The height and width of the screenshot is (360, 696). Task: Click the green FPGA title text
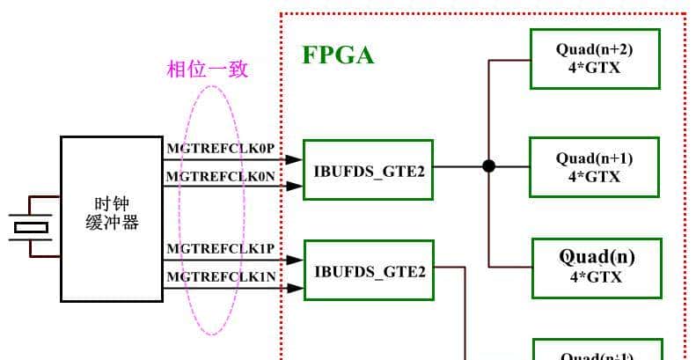coord(339,55)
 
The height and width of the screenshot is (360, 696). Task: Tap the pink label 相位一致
coord(208,70)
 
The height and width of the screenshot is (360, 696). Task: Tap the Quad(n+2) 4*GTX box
coord(594,58)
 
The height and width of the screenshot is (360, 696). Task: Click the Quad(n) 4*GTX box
coord(596,267)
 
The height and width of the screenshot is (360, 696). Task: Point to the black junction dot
coord(489,165)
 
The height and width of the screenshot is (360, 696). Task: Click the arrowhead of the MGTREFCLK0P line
coord(296,159)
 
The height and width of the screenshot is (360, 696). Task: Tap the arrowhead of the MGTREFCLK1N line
coord(296,288)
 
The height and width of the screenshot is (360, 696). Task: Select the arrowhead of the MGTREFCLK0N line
coord(296,186)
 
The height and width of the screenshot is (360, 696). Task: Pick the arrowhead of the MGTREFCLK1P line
coord(296,261)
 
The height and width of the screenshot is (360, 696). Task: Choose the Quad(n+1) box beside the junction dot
coord(594,167)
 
